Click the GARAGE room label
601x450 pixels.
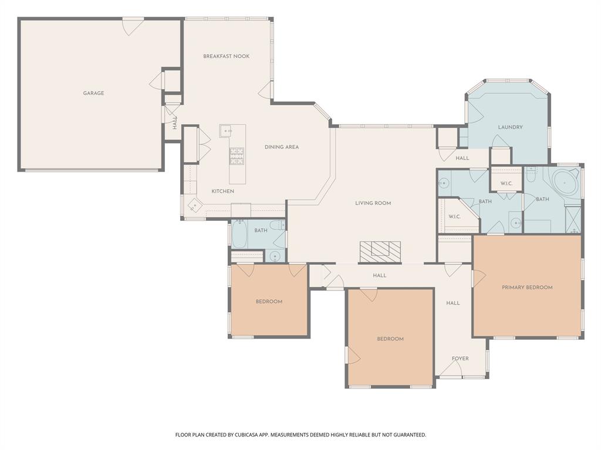click(93, 93)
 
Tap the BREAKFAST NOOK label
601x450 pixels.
click(226, 56)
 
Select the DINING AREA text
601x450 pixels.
click(282, 147)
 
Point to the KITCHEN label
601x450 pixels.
click(223, 192)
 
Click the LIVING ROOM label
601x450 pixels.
click(373, 203)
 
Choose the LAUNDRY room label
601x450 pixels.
click(510, 127)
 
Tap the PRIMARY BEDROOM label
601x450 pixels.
click(527, 287)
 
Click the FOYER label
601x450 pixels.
click(460, 359)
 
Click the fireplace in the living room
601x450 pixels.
click(380, 251)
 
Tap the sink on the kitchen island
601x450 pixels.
click(226, 131)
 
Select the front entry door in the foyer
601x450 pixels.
click(450, 369)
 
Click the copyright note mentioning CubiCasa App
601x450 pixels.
click(300, 435)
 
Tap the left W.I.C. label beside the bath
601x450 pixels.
click(454, 217)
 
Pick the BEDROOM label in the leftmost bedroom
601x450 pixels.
click(269, 302)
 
